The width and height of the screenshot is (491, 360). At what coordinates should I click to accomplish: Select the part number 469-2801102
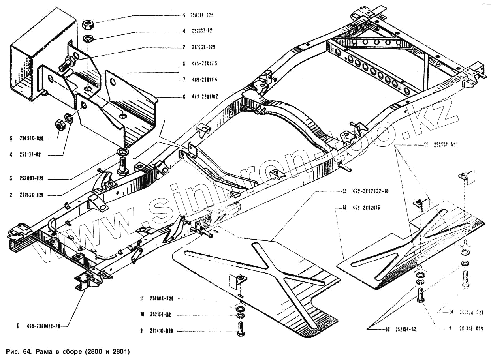[206, 96]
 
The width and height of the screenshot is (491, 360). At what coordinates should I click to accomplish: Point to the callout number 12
[344, 207]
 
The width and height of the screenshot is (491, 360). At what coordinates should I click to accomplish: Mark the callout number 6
[184, 96]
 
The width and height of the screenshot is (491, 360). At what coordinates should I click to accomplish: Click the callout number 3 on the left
[11, 179]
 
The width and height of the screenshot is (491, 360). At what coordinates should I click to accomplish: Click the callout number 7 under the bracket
[184, 80]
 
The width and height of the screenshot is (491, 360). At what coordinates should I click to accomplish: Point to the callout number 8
[184, 63]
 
